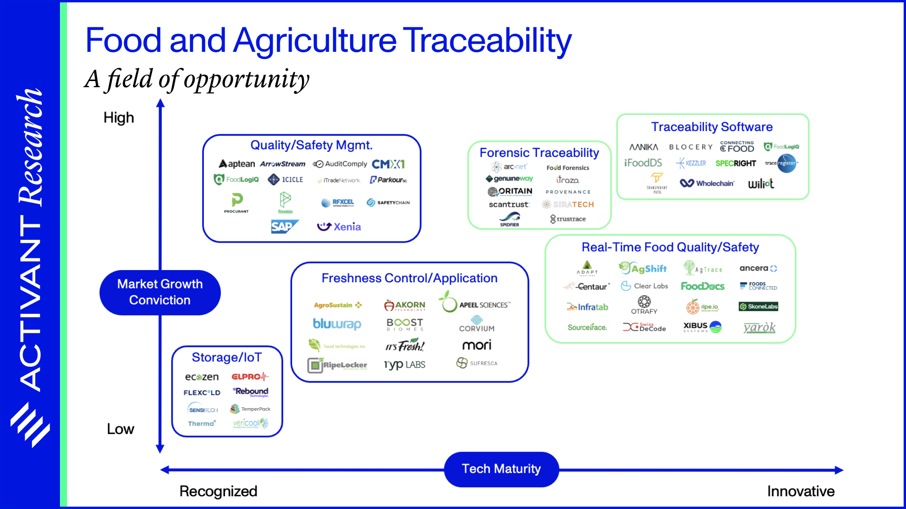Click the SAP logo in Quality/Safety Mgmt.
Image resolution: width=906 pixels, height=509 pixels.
tap(284, 227)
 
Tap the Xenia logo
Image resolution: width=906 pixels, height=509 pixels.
tap(339, 227)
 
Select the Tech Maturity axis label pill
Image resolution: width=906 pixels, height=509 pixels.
tap(501, 469)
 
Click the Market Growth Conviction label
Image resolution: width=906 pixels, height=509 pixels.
tap(160, 292)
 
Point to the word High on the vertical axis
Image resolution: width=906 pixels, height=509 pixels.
tap(119, 117)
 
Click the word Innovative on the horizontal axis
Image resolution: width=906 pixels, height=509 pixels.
tap(800, 491)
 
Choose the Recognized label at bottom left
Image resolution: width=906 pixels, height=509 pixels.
tap(218, 491)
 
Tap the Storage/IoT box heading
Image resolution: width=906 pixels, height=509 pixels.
tap(226, 357)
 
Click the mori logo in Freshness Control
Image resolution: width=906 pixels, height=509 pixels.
tap(477, 345)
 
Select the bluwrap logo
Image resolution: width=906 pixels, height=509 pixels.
tap(337, 324)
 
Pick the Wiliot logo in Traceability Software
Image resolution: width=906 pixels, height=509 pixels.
tap(761, 183)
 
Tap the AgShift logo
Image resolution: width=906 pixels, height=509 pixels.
tap(643, 268)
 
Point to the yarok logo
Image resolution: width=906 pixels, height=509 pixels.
tap(759, 327)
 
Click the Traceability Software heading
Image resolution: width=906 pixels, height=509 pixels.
tap(712, 127)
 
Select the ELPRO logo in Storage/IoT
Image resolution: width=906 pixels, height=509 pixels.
tap(250, 377)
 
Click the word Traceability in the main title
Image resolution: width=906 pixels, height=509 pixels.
tap(487, 41)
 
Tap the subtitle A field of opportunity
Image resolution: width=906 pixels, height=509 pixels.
tap(197, 79)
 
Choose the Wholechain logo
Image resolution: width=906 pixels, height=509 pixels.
tap(707, 183)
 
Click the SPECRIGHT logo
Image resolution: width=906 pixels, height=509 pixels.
tap(735, 163)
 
